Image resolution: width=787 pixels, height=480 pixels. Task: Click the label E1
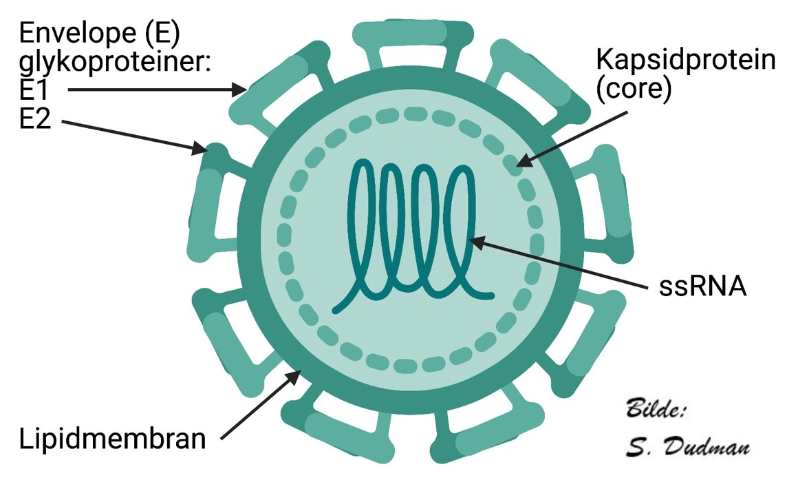[36, 90]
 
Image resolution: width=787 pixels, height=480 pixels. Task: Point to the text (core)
[633, 90]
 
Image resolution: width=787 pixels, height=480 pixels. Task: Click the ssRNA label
[702, 286]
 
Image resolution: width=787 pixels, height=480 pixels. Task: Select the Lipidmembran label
[112, 439]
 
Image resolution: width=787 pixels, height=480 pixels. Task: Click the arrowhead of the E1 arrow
[242, 89]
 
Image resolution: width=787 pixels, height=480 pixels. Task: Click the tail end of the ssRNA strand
[490, 296]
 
